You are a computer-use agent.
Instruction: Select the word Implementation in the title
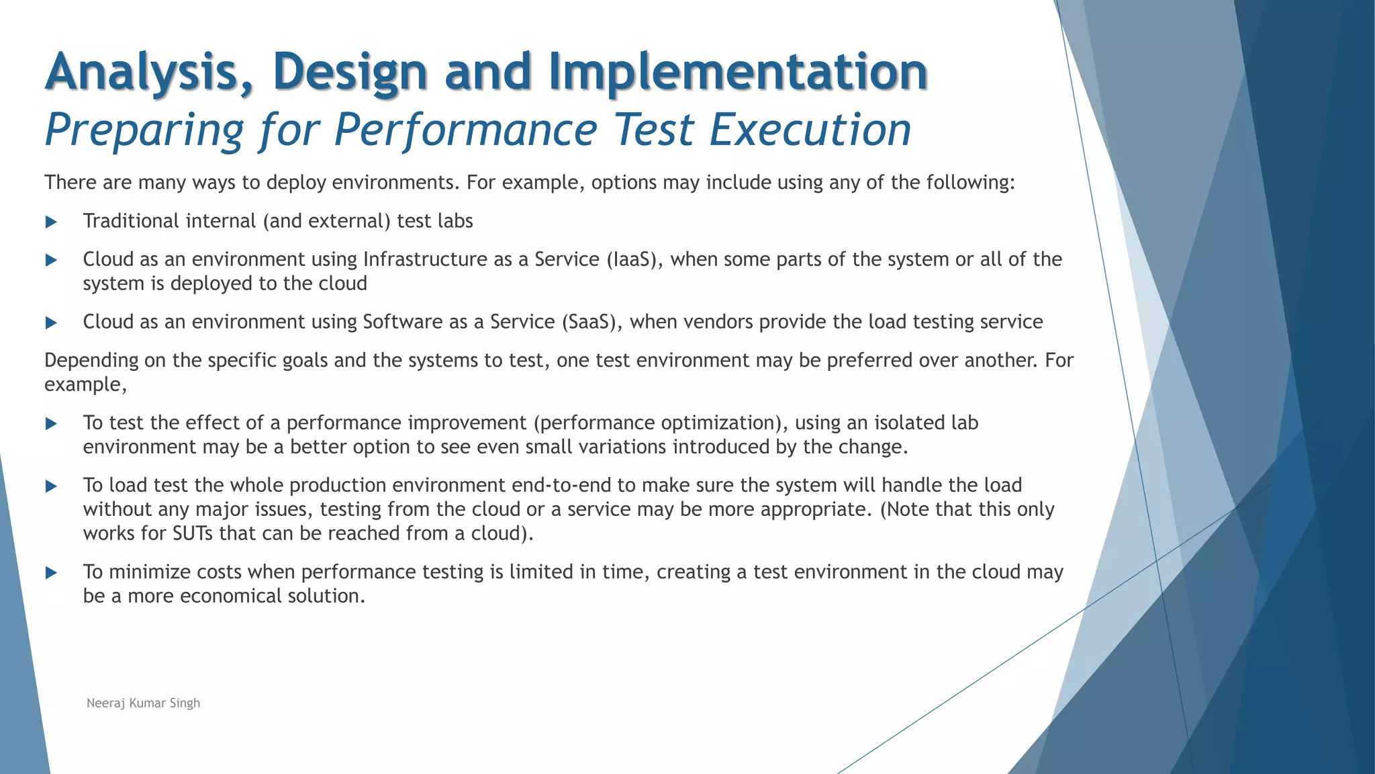[x=738, y=72]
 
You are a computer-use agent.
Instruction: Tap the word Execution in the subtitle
[x=810, y=129]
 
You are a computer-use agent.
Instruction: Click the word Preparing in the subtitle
[x=144, y=130]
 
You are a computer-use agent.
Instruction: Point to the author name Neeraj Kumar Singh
[x=143, y=703]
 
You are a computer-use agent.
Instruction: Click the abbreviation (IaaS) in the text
[x=634, y=259]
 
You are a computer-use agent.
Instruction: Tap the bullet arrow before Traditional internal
[x=51, y=222]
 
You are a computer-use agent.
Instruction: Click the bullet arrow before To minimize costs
[x=51, y=572]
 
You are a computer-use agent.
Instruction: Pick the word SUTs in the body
[x=194, y=533]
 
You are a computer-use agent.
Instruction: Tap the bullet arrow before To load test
[x=51, y=486]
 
